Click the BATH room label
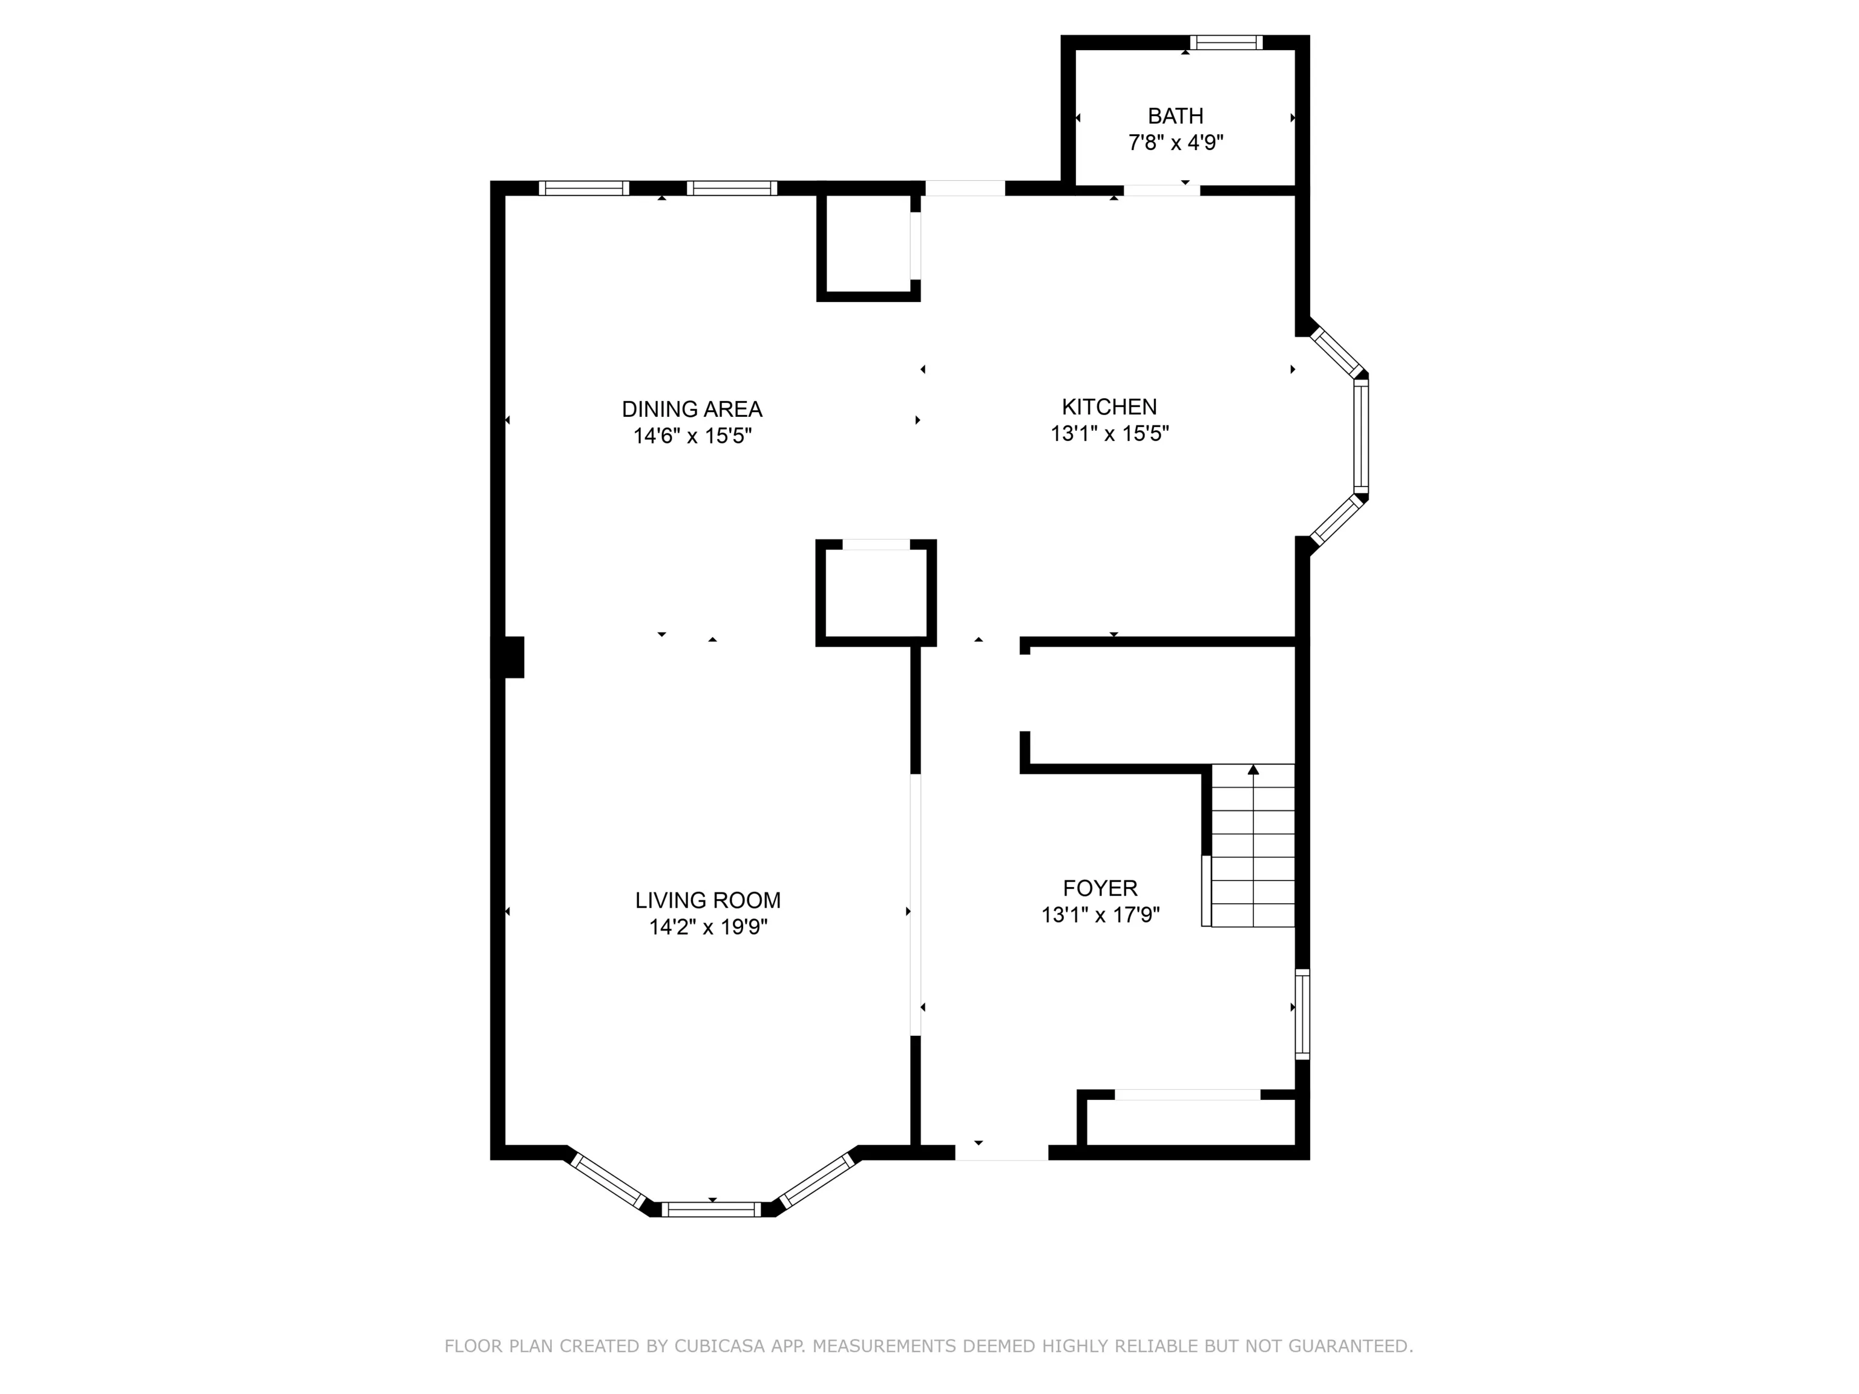[x=1175, y=116]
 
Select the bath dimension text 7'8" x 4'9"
[x=1175, y=143]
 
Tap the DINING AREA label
[x=692, y=409]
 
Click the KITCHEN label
[x=1109, y=407]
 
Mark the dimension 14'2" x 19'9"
[x=707, y=927]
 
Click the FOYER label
[x=1100, y=888]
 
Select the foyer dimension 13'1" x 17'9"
[x=1100, y=915]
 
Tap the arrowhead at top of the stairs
[x=1253, y=769]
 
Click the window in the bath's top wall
[x=1226, y=42]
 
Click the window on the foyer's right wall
[x=1302, y=1013]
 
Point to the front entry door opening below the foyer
[x=1002, y=1152]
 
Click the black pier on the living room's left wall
[x=508, y=657]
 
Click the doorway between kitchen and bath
[x=1161, y=190]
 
